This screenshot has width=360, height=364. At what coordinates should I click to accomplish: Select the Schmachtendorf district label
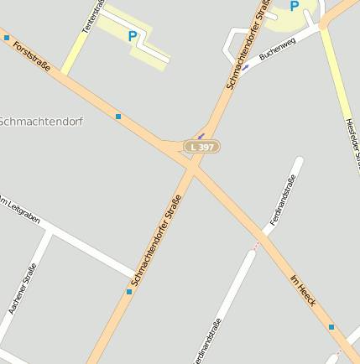coord(41,121)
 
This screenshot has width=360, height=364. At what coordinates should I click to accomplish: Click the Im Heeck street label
coord(301,290)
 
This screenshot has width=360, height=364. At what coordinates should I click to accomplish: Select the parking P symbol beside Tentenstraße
coord(133,36)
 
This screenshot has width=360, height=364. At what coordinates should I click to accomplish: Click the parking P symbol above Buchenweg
coord(294,7)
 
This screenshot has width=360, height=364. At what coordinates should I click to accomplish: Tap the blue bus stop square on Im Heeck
coord(331,327)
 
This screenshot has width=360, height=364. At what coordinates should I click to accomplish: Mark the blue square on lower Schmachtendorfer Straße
coord(129,292)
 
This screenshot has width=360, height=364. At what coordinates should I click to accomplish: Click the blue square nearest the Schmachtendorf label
coord(118,116)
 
